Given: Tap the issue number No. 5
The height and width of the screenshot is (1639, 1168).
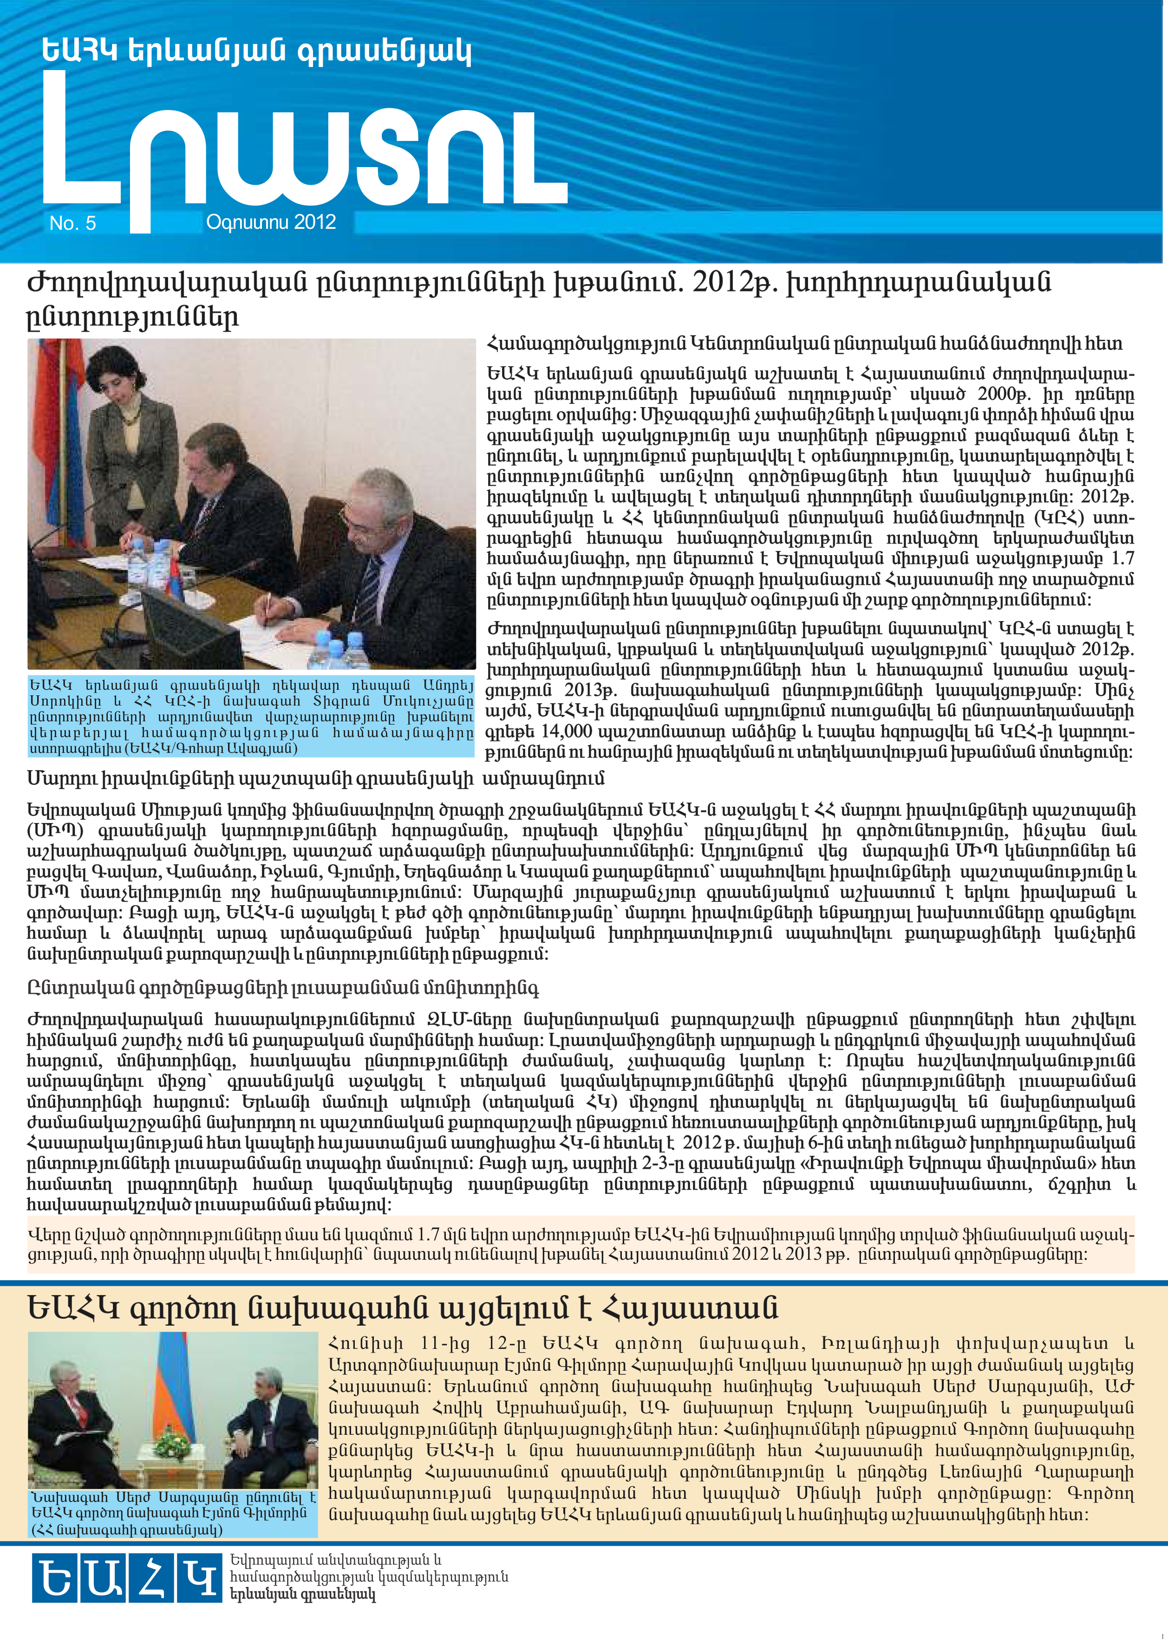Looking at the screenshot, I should (72, 224).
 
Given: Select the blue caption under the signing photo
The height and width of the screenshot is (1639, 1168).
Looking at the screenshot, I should (251, 716).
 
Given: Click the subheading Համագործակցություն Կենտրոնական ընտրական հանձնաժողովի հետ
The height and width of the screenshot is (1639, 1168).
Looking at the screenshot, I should (804, 344).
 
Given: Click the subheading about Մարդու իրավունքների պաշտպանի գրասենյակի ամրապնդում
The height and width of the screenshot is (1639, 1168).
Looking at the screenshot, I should (316, 778).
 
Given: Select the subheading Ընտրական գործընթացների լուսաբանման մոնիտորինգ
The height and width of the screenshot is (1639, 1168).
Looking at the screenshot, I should (283, 988).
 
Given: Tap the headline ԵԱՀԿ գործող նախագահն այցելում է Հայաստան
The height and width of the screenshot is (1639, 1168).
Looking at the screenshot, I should (403, 1309).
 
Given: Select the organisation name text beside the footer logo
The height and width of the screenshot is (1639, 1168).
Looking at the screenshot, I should (368, 1578).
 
